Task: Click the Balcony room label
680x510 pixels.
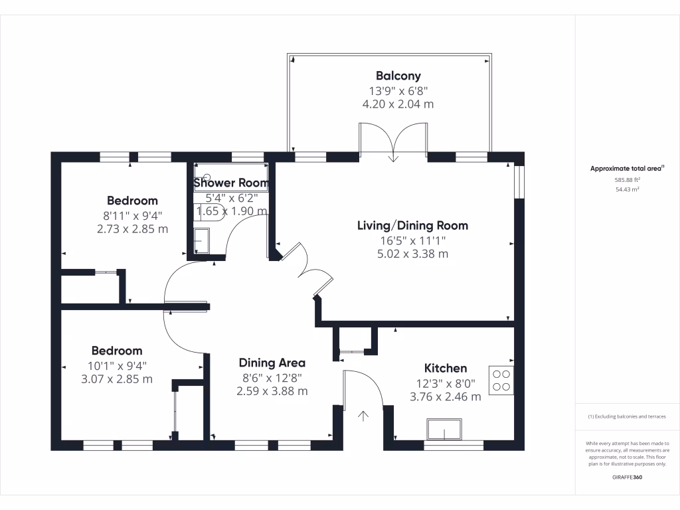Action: [398, 76]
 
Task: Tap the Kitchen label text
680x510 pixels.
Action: [446, 368]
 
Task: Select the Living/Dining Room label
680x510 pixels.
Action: [412, 226]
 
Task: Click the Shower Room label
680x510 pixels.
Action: [230, 183]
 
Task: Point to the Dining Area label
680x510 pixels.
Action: [272, 363]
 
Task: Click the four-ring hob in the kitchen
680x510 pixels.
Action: [501, 381]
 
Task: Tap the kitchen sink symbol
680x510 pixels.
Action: [444, 430]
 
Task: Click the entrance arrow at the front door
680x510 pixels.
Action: [363, 416]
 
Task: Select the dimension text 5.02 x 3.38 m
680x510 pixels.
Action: [412, 254]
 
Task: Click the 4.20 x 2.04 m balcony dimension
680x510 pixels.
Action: [398, 104]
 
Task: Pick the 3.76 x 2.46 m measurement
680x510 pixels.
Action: [446, 397]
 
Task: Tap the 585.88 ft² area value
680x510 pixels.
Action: [627, 179]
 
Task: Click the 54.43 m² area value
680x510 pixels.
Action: [627, 189]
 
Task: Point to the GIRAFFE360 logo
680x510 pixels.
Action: [627, 477]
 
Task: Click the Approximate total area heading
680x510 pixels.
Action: [627, 168]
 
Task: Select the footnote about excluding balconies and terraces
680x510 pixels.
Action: [627, 416]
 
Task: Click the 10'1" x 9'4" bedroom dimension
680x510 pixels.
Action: [117, 366]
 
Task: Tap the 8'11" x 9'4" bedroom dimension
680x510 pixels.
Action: [132, 216]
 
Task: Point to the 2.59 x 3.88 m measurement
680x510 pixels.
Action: [272, 391]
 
